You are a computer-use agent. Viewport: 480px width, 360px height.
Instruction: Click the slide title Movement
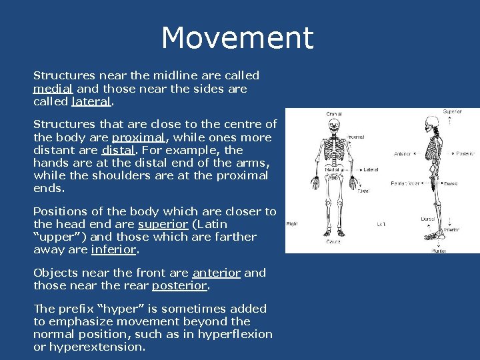pyautogui.click(x=237, y=38)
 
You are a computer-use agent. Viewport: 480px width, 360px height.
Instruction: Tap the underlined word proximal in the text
pyautogui.click(x=137, y=137)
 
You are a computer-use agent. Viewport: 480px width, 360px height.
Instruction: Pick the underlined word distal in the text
pyautogui.click(x=119, y=150)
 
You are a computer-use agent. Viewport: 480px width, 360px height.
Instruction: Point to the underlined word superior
pyautogui.click(x=163, y=224)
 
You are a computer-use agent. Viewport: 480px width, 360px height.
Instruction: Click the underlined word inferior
pyautogui.click(x=113, y=249)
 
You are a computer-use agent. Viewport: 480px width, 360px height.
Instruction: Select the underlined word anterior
pyautogui.click(x=216, y=273)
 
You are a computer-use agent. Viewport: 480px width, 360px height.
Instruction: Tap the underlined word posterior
pyautogui.click(x=180, y=285)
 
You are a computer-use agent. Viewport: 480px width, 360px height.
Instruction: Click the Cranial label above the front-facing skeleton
pyautogui.click(x=334, y=114)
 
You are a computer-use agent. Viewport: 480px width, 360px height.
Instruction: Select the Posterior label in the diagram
pyautogui.click(x=464, y=153)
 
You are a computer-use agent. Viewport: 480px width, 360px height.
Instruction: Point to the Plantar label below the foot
pyautogui.click(x=438, y=251)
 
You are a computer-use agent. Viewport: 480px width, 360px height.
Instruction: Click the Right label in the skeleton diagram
pyautogui.click(x=293, y=225)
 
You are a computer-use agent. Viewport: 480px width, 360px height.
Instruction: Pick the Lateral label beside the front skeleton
pyautogui.click(x=371, y=170)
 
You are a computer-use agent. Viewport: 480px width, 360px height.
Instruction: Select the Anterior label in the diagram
pyautogui.click(x=403, y=153)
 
